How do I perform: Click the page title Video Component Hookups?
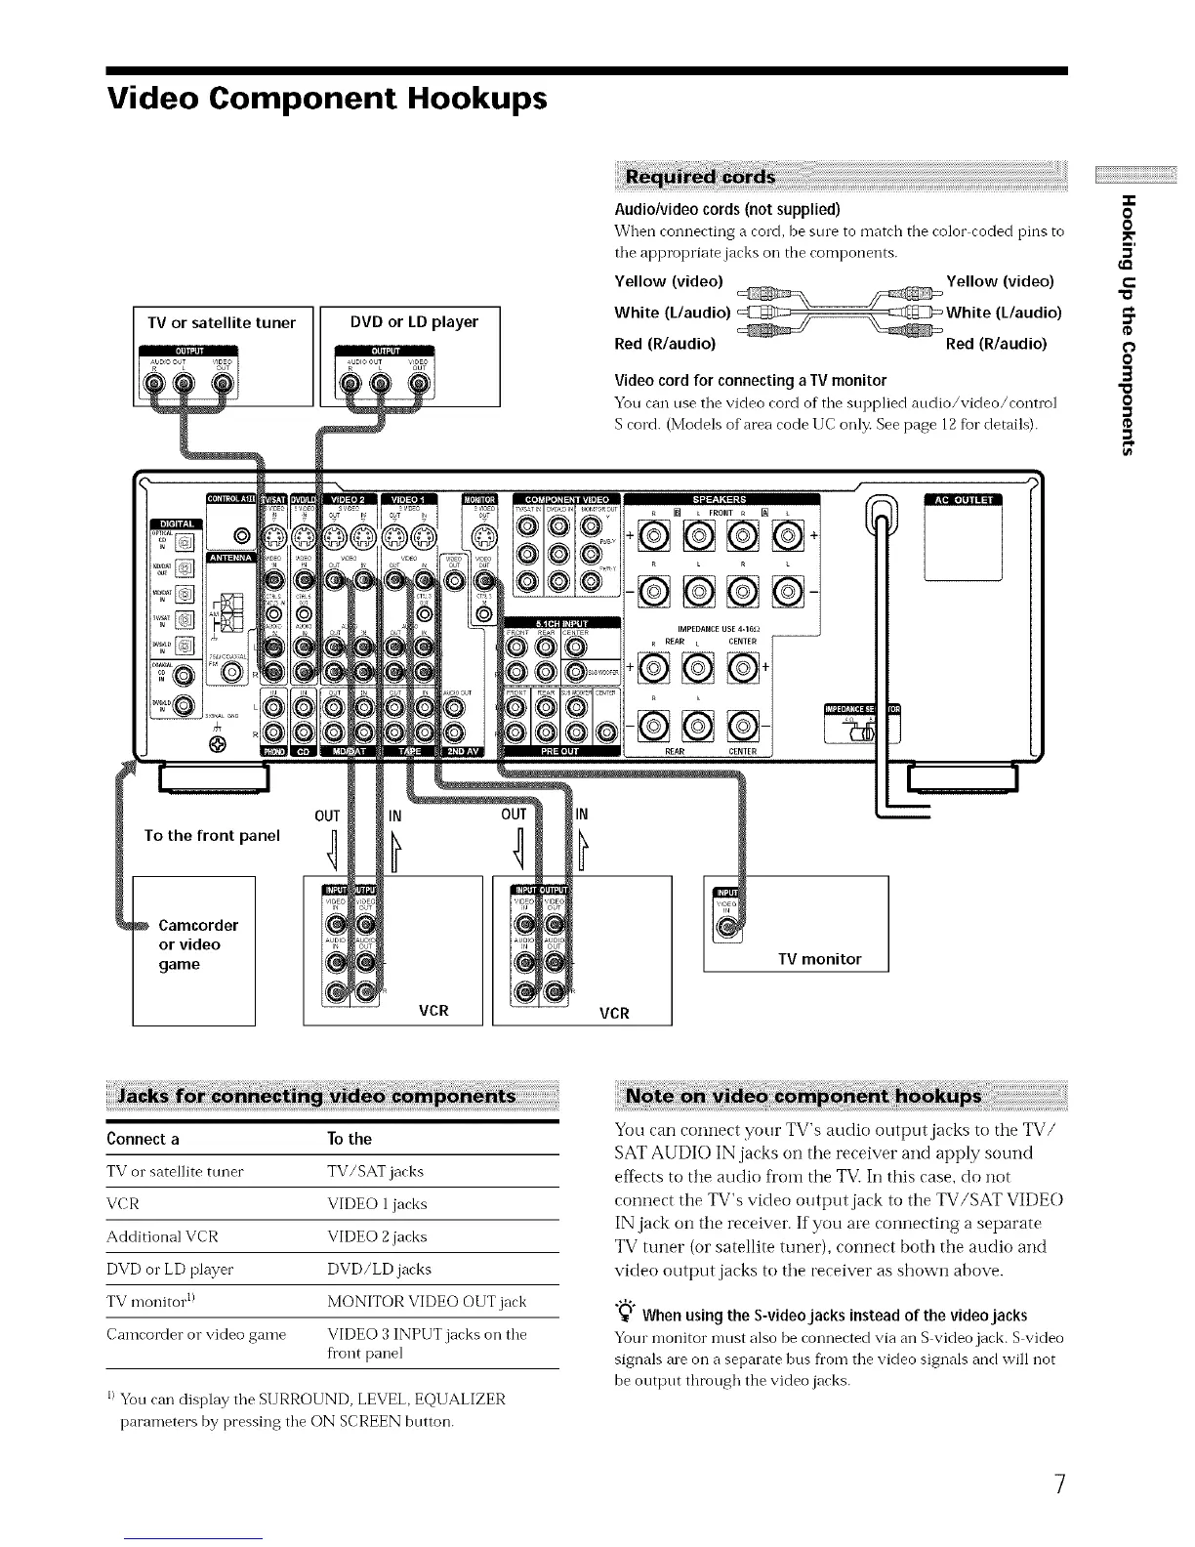tap(327, 99)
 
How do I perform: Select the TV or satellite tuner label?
tap(222, 322)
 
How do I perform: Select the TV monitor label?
tap(819, 959)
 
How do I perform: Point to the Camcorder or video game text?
tap(198, 944)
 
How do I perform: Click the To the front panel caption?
tap(212, 835)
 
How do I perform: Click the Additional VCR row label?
tap(162, 1236)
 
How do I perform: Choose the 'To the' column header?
tap(350, 1139)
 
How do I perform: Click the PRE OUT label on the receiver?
tap(559, 751)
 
